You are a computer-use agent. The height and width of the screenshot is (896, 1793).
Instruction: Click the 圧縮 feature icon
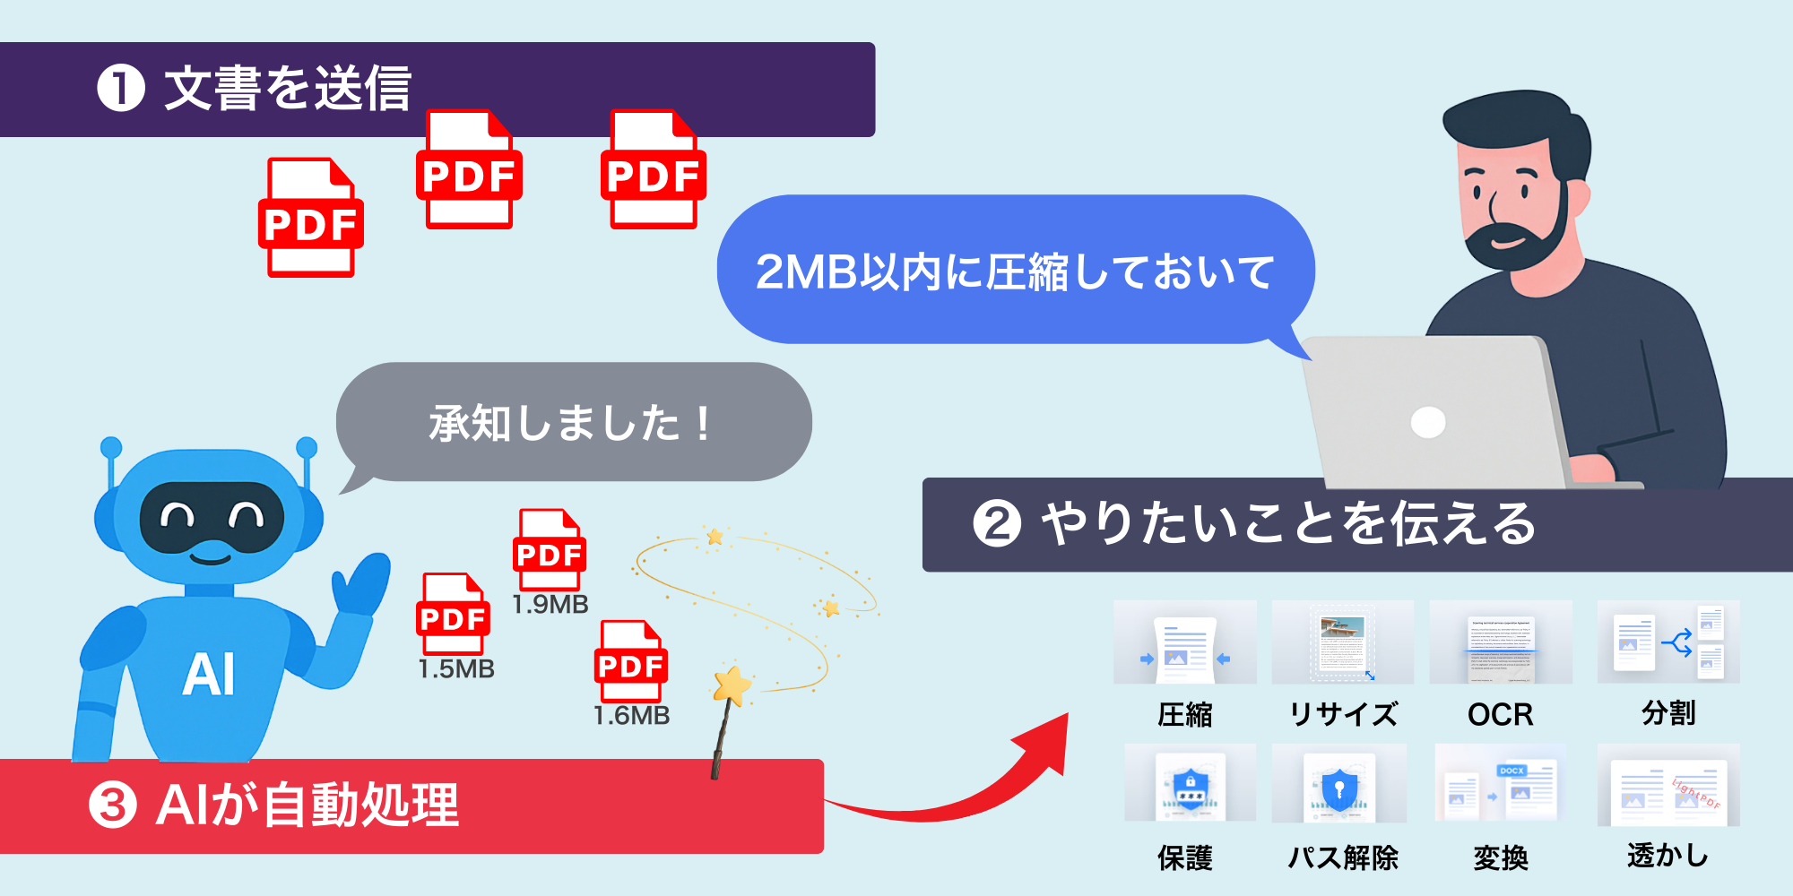[x=1184, y=643]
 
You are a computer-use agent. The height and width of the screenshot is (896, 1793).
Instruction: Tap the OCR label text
[x=1500, y=714]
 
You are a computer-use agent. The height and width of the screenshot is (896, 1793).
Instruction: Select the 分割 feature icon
[x=1668, y=642]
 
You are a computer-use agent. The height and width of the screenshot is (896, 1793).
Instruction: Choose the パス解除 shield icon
[x=1338, y=786]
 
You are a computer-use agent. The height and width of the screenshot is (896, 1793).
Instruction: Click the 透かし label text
[x=1667, y=856]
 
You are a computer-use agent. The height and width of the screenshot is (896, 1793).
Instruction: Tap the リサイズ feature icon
[x=1342, y=642]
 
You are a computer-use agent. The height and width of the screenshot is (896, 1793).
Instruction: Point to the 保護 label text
[x=1184, y=857]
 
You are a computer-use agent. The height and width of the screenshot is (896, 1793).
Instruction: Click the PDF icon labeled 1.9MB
[x=550, y=549]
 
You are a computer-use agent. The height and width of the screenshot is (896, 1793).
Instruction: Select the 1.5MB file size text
[x=456, y=669]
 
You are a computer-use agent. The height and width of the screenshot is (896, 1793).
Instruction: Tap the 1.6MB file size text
[x=632, y=716]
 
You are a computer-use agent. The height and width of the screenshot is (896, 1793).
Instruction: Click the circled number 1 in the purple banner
[x=121, y=89]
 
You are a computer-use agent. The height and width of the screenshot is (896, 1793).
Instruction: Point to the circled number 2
[x=997, y=524]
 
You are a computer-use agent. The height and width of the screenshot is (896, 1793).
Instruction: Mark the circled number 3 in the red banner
[x=113, y=805]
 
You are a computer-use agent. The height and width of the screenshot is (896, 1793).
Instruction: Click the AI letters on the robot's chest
[x=209, y=674]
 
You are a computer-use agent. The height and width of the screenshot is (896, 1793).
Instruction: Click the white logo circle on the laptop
[x=1427, y=422]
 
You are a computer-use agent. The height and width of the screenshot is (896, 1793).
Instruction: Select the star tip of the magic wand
[x=732, y=685]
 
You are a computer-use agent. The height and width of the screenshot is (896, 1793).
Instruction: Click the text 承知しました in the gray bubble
[x=556, y=423]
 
